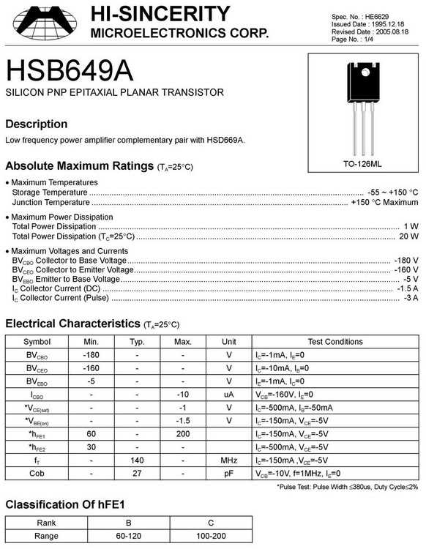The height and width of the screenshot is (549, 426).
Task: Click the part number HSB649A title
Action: (x=70, y=72)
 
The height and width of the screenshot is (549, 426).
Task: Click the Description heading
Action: (x=36, y=124)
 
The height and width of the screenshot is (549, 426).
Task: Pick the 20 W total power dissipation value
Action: (x=408, y=236)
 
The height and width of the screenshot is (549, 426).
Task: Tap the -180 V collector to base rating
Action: (x=406, y=260)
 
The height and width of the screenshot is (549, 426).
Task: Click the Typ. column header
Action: (x=137, y=342)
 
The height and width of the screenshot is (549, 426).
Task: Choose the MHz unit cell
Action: (x=229, y=460)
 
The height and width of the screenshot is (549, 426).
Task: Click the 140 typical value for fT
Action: (x=137, y=460)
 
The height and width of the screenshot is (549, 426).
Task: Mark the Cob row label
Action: (x=37, y=474)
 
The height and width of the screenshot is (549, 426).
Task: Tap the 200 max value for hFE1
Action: (x=183, y=434)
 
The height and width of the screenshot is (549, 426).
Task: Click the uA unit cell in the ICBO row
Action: (x=229, y=395)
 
